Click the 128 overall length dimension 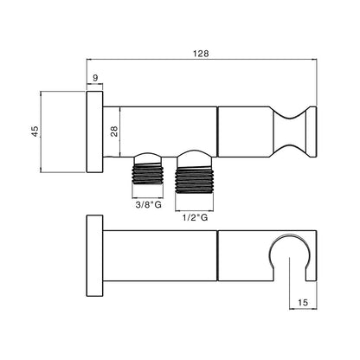pyautogui.click(x=201, y=54)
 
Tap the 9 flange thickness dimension pyautogui.click(x=95, y=78)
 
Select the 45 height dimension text pyautogui.click(x=35, y=132)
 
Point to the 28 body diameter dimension pyautogui.click(x=114, y=132)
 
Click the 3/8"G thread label pyautogui.click(x=148, y=205)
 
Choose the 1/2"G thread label pyautogui.click(x=195, y=217)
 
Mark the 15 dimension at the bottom pyautogui.click(x=303, y=302)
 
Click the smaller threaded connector pyautogui.click(x=147, y=174)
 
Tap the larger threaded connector pyautogui.click(x=195, y=181)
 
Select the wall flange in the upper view pyautogui.click(x=94, y=132)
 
